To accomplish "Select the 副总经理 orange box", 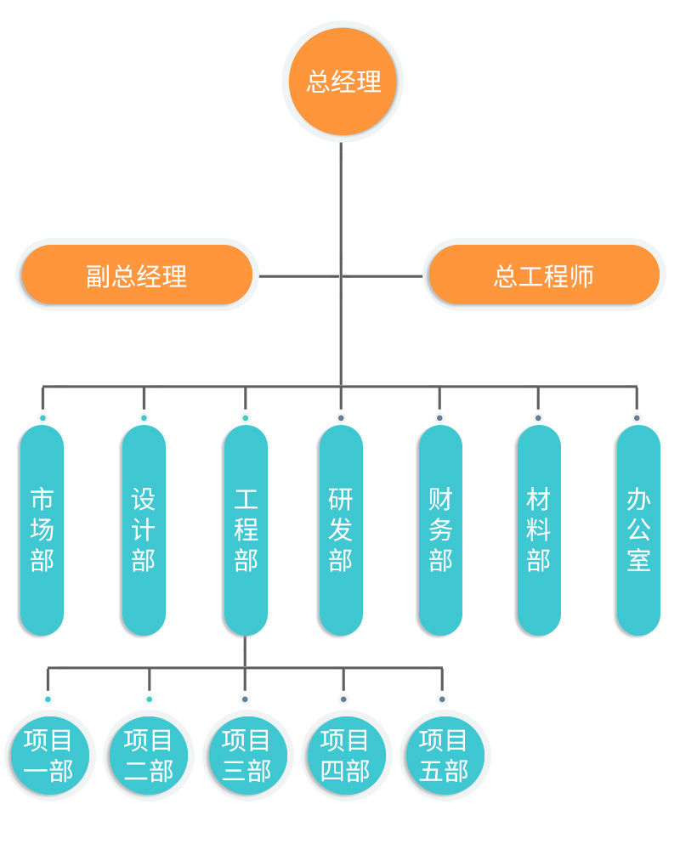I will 137,275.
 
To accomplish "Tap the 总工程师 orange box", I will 544,275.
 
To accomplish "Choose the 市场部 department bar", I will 42,529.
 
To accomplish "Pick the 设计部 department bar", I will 144,529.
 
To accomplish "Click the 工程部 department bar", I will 246,529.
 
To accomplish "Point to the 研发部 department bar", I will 341,529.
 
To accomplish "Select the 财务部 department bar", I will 440,529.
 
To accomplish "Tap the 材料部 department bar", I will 538,529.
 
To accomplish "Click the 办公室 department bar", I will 637,529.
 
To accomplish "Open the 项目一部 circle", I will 48,755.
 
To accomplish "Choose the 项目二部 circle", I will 149,755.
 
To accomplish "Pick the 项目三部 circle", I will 246,755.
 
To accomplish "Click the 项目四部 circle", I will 344,755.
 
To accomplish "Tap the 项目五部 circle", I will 443,755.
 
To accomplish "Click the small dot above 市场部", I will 42,418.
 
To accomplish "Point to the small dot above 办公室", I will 637,418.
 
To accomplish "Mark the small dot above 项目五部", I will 442,699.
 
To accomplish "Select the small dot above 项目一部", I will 48,699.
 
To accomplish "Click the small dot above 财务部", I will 439,418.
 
